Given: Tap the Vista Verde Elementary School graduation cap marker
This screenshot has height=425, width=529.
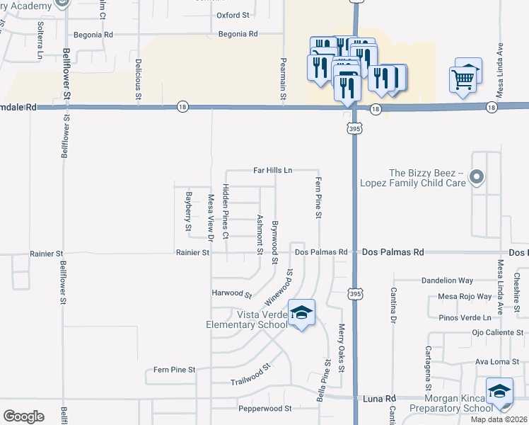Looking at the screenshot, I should [x=301, y=314].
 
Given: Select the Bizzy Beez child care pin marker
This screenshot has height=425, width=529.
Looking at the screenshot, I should [x=477, y=177].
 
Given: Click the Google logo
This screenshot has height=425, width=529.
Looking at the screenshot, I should [x=23, y=416].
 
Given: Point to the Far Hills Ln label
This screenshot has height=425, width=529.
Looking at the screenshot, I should [x=273, y=170].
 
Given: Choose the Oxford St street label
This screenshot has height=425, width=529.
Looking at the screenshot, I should [x=233, y=14].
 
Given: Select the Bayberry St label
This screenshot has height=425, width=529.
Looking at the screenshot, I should [x=189, y=211].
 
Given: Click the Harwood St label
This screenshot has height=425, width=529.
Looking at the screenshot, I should [x=232, y=293].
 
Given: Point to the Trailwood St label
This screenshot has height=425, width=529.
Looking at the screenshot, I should [x=250, y=375].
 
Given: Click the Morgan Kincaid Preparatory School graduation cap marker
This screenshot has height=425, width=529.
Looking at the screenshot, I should [x=499, y=393].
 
